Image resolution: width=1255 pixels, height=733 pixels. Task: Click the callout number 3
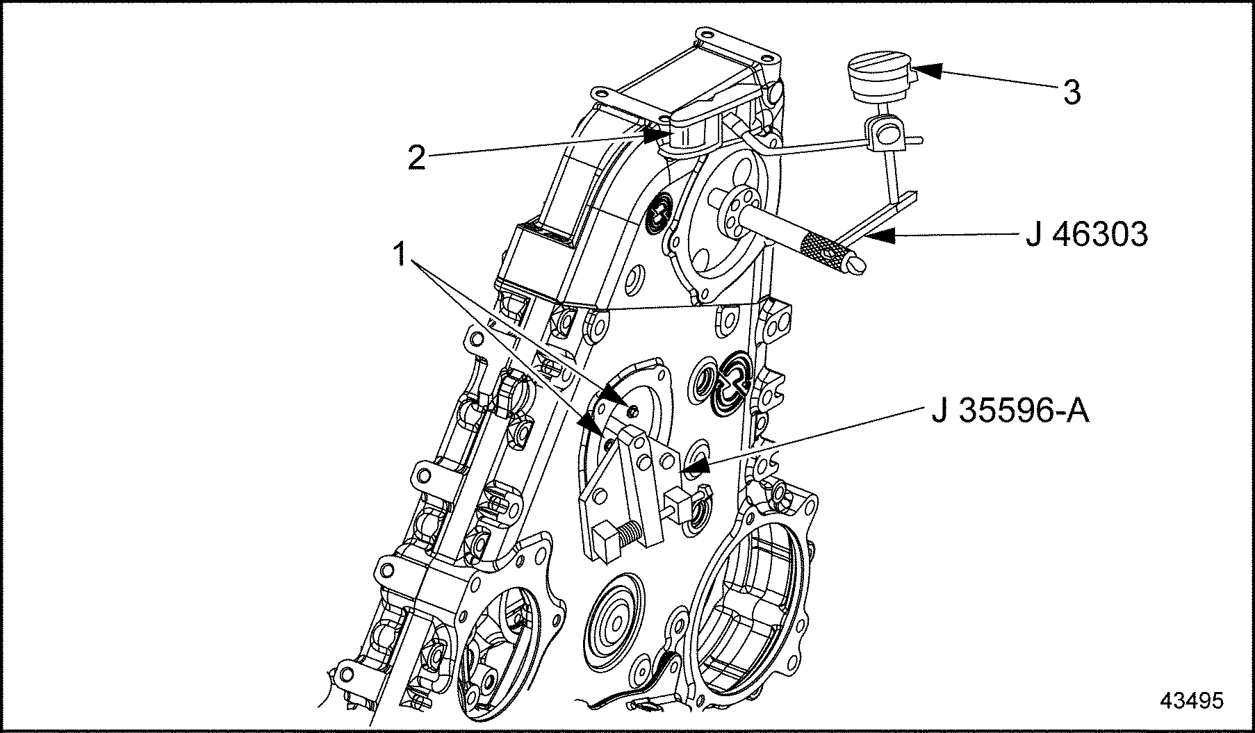[x=1072, y=92]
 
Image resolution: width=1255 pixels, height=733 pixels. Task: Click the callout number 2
[x=416, y=158]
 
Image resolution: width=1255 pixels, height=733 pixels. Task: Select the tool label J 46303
[x=1087, y=235]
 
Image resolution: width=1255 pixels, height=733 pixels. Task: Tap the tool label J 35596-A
[x=1010, y=411]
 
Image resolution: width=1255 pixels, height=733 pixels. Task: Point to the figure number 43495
[x=1191, y=700]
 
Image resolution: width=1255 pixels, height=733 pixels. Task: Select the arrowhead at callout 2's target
[x=657, y=134]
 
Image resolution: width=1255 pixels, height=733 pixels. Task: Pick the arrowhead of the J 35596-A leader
[x=698, y=465]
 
